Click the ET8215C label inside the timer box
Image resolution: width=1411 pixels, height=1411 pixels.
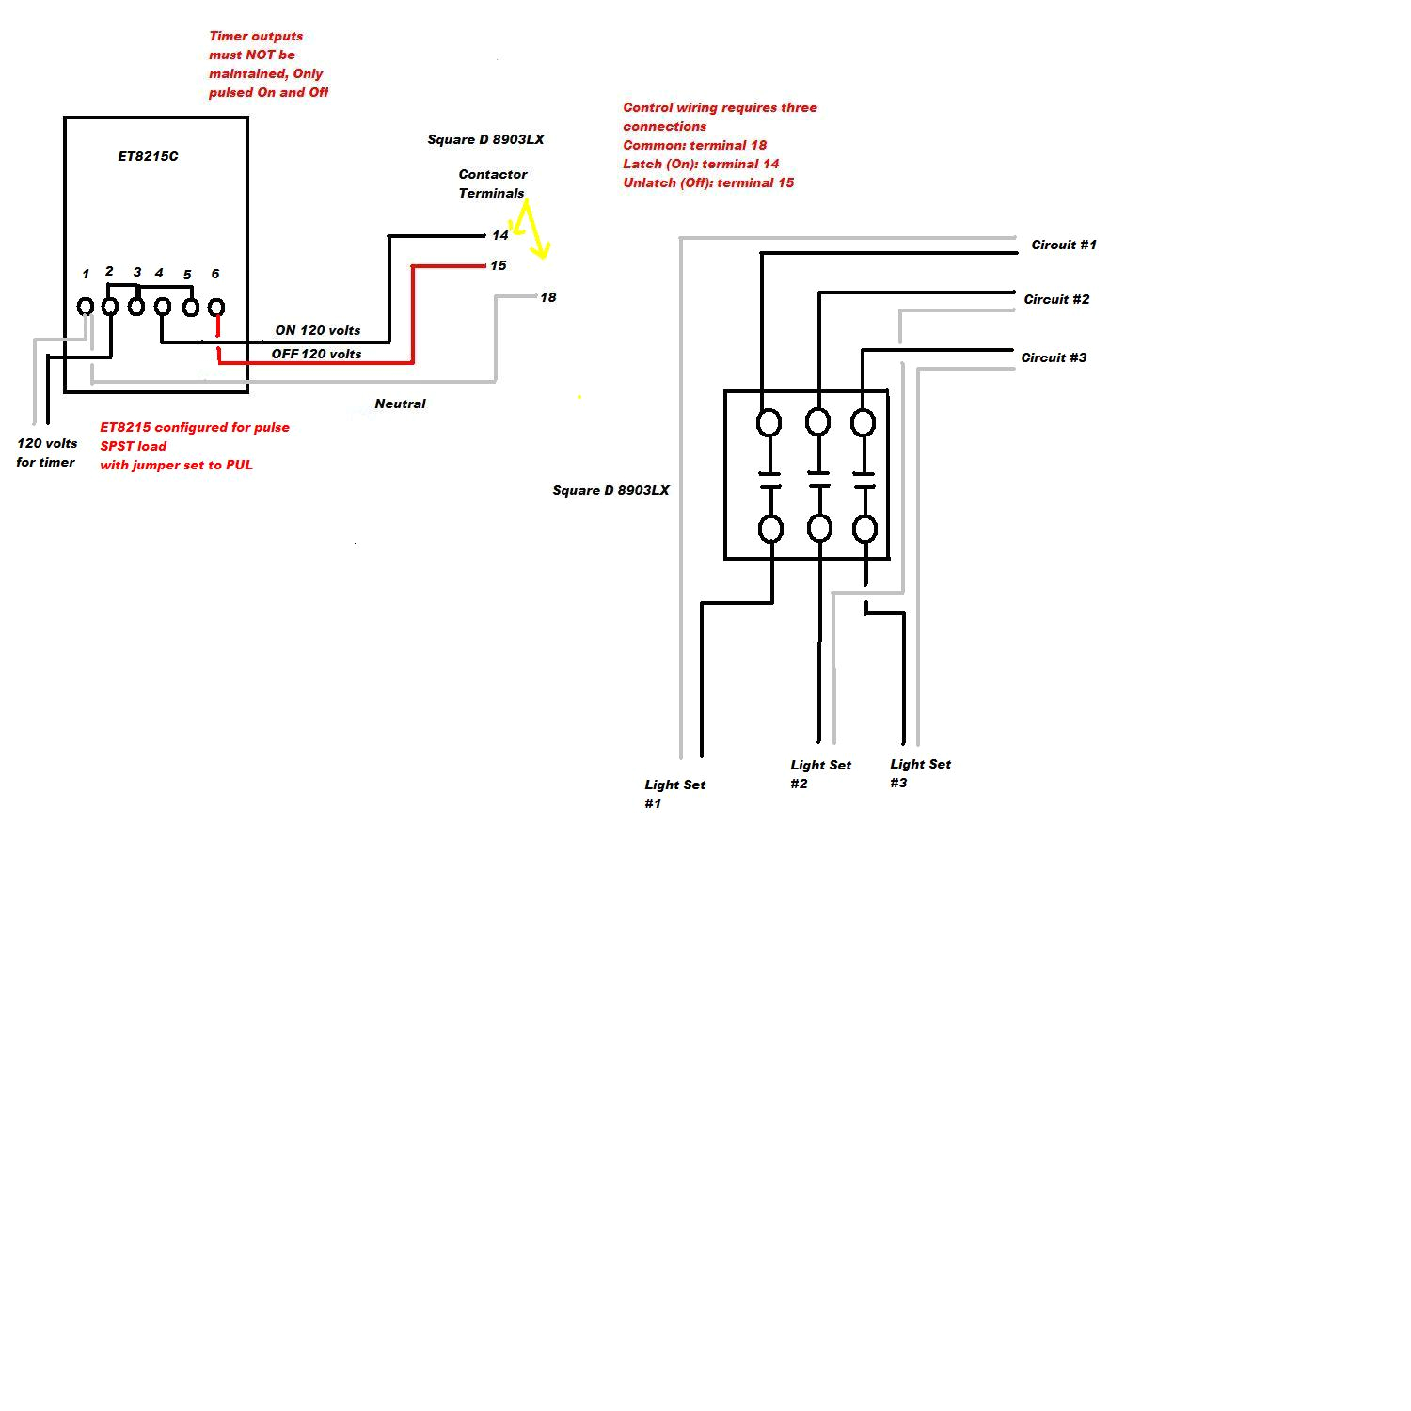point(148,156)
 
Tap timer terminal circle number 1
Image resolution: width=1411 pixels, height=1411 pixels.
point(85,307)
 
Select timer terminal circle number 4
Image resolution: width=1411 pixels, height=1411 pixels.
point(162,307)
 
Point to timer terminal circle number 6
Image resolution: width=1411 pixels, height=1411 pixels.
point(215,307)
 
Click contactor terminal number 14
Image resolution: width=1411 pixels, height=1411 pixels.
point(499,235)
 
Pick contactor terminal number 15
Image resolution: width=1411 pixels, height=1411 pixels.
point(498,265)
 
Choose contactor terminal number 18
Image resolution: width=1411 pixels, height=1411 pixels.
point(547,297)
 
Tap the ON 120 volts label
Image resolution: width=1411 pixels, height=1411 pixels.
point(318,330)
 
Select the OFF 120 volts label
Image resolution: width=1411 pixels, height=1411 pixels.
point(316,354)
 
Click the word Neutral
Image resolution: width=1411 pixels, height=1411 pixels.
point(400,404)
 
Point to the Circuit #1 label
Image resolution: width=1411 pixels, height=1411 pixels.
point(1064,245)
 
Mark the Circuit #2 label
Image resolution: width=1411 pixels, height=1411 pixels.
point(1056,299)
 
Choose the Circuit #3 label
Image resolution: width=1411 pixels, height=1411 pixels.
point(1054,357)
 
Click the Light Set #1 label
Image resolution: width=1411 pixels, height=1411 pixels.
point(674,793)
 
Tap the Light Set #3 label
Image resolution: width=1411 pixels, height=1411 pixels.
point(919,773)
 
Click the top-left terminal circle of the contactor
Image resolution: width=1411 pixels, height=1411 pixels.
point(769,422)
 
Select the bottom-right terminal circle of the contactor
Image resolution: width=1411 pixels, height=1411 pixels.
point(864,529)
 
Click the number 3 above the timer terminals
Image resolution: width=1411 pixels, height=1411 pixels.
point(137,272)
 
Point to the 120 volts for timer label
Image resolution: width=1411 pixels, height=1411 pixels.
point(46,452)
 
